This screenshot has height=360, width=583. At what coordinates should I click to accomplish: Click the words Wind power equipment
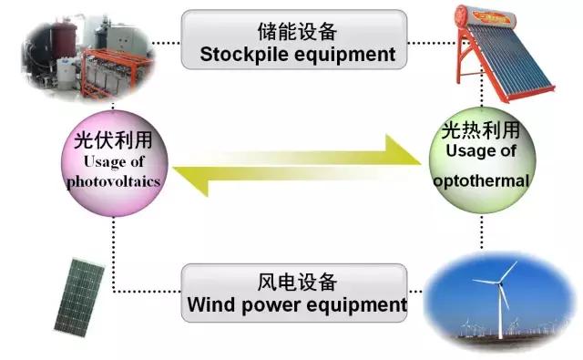pyautogui.click(x=296, y=304)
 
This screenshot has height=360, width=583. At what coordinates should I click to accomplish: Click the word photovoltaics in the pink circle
pyautogui.click(x=113, y=181)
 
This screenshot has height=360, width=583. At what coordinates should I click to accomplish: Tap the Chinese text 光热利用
pyautogui.click(x=481, y=133)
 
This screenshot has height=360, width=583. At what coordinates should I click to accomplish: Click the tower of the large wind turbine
pyautogui.click(x=500, y=310)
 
